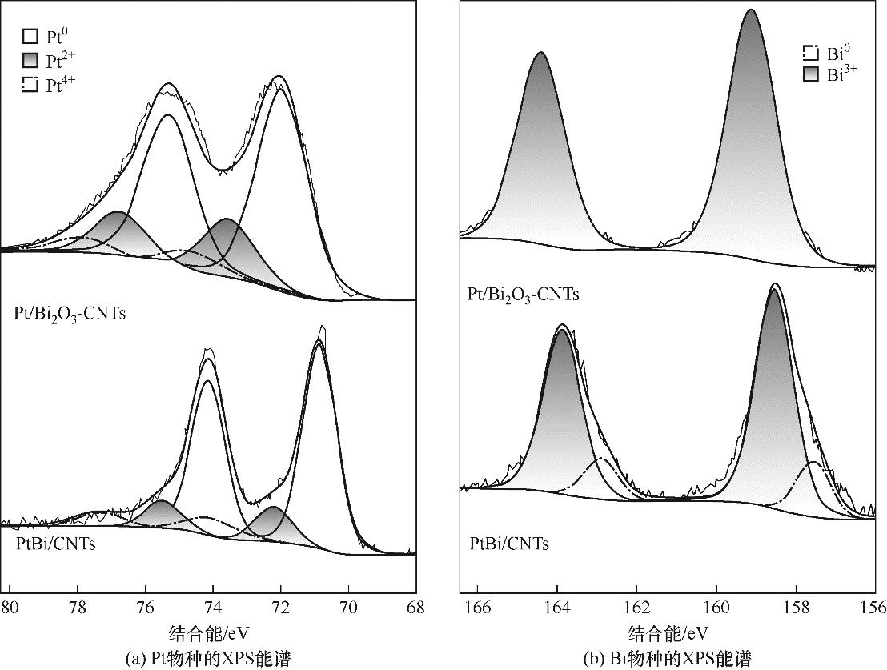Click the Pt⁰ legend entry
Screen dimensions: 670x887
click(45, 37)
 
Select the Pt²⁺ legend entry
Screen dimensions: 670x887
click(45, 61)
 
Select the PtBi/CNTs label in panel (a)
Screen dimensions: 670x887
click(55, 544)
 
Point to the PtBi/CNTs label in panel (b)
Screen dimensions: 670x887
click(509, 544)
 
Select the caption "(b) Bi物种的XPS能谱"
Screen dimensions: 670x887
click(667, 659)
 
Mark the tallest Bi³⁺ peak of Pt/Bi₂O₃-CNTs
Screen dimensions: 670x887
click(751, 11)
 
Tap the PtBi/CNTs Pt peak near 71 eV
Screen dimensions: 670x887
click(319, 343)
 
